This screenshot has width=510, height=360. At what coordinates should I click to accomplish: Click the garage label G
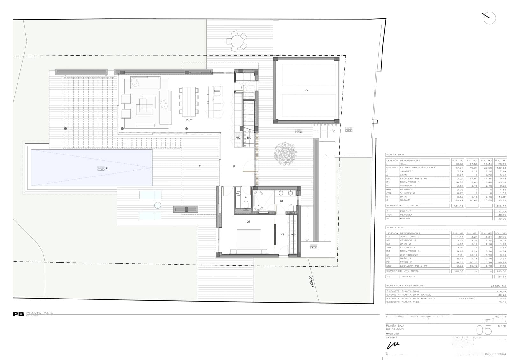pyautogui.click(x=306, y=90)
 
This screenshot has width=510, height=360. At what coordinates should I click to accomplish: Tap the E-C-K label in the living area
pyautogui.click(x=189, y=120)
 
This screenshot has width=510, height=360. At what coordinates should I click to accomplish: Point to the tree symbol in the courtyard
pyautogui.click(x=286, y=154)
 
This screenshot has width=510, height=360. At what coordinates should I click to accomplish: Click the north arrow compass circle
pyautogui.click(x=490, y=18)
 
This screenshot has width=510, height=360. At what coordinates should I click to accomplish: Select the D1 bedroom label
pyautogui.click(x=248, y=222)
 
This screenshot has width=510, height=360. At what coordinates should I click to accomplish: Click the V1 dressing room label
pyautogui.click(x=282, y=234)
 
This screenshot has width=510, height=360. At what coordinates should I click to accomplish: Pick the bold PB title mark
pyautogui.click(x=18, y=314)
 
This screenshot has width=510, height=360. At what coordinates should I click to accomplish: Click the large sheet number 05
pyautogui.click(x=484, y=330)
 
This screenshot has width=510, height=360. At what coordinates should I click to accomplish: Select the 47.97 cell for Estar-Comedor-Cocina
pyautogui.click(x=458, y=168)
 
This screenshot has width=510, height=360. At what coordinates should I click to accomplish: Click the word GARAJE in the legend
pyautogui.click(x=405, y=200)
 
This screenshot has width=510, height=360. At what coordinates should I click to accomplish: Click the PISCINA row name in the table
pyautogui.click(x=405, y=219)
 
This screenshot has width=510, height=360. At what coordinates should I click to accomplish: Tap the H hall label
pyautogui.click(x=234, y=166)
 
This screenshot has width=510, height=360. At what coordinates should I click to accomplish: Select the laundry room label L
pyautogui.click(x=242, y=87)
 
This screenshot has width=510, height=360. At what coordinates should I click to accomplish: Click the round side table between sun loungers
pyautogui.click(x=157, y=205)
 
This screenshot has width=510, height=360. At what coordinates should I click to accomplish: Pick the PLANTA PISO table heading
pyautogui.click(x=395, y=227)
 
